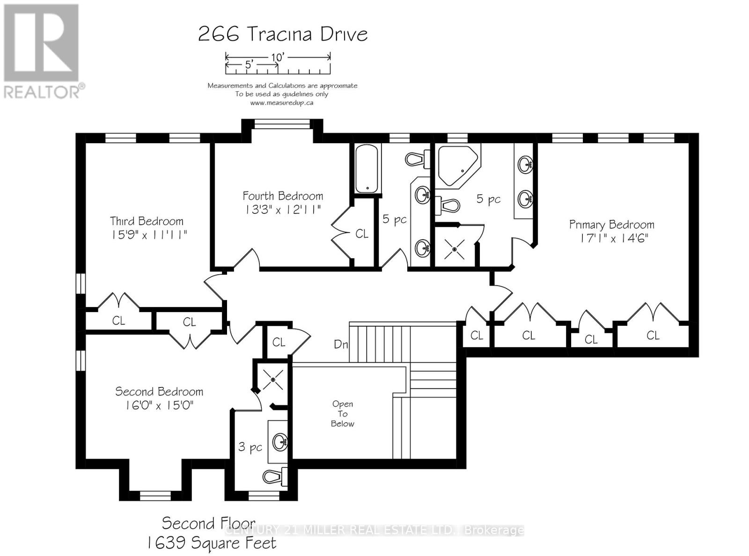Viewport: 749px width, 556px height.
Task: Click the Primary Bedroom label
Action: [x=611, y=225]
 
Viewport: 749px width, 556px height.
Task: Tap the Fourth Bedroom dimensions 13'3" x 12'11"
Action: [x=283, y=209]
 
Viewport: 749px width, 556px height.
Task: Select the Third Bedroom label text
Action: [x=147, y=221]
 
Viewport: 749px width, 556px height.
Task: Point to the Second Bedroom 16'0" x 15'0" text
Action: [x=159, y=405]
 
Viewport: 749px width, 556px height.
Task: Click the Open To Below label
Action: [x=342, y=414]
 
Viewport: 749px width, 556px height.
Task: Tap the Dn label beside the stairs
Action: [x=341, y=344]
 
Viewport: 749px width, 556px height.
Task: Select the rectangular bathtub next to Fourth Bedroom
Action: [x=368, y=168]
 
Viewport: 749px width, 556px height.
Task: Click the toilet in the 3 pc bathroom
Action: [x=276, y=476]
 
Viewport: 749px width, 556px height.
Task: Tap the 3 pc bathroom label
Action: [x=250, y=447]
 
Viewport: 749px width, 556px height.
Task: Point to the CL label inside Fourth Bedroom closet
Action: [x=362, y=234]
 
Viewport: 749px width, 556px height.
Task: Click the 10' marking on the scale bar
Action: [x=278, y=57]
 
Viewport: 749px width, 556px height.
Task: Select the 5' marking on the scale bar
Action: [x=249, y=66]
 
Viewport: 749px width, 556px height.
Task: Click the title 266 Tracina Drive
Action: [x=283, y=34]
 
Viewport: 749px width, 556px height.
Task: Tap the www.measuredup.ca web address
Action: [x=282, y=102]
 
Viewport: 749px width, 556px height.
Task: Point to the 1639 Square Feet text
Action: [x=211, y=543]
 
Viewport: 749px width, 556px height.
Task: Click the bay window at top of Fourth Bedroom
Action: [x=282, y=124]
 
